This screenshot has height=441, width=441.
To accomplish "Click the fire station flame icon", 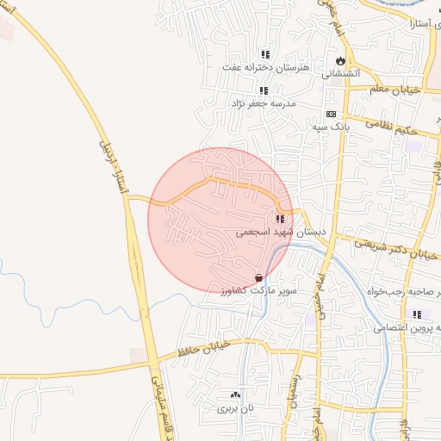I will [x=341, y=61].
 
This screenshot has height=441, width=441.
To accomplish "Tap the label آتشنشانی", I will [x=340, y=74].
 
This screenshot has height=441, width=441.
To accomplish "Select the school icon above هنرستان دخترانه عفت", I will [x=265, y=54].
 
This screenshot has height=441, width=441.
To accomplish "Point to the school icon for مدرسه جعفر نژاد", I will [x=264, y=90].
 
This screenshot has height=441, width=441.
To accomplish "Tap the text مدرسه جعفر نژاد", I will [x=262, y=102].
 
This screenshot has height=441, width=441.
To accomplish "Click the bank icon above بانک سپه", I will [x=331, y=114].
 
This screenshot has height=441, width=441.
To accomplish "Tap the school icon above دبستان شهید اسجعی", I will [x=280, y=219].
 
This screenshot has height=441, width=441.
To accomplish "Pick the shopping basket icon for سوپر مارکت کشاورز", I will [x=259, y=277].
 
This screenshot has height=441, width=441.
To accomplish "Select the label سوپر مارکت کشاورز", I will [x=258, y=291].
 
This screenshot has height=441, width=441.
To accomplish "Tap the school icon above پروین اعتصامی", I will [x=418, y=314].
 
